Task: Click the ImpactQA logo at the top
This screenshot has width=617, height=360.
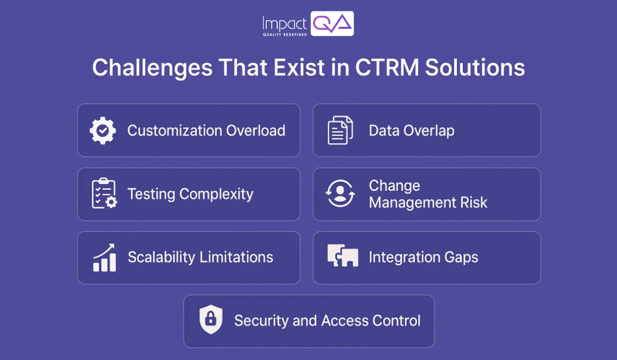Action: tap(307, 24)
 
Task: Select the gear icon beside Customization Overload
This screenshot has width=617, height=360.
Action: tap(103, 131)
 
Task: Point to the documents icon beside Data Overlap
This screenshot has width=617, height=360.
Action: tap(340, 131)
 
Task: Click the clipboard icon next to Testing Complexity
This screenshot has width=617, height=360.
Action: tap(103, 194)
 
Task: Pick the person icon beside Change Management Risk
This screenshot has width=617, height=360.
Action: tap(340, 194)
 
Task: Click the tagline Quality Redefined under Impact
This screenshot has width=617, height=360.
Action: tap(285, 34)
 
